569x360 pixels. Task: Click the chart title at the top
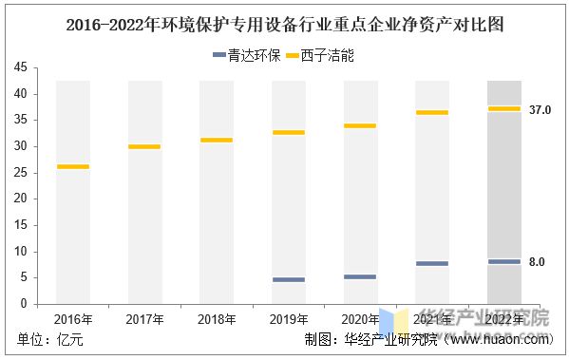click(285, 26)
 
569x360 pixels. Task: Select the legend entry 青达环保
click(246, 56)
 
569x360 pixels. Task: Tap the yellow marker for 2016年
click(73, 167)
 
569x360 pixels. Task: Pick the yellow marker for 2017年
click(144, 147)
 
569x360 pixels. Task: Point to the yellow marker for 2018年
click(217, 141)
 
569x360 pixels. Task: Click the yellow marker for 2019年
click(289, 133)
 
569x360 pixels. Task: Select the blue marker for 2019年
click(289, 280)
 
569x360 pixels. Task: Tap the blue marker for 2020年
click(360, 277)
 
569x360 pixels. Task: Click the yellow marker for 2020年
click(360, 126)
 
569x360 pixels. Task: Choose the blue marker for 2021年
click(432, 264)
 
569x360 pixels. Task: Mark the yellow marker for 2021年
click(432, 113)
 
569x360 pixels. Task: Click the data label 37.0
click(541, 110)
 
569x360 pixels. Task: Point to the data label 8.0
click(537, 262)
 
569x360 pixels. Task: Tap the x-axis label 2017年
click(144, 318)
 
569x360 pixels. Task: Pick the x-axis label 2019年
click(289, 318)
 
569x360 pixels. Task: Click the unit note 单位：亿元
click(47, 340)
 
